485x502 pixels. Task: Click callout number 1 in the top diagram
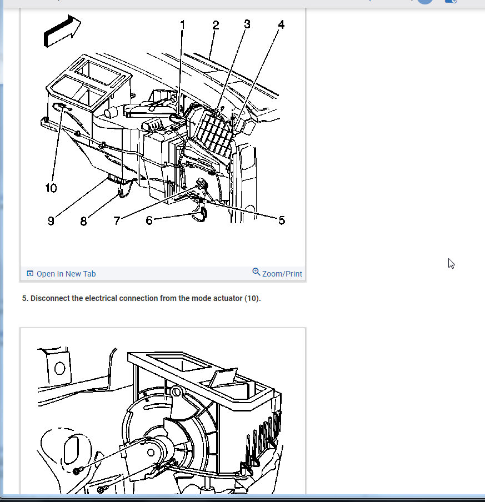coord(183,25)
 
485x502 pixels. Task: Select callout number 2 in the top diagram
coord(216,25)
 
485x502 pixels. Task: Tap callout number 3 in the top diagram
coord(247,24)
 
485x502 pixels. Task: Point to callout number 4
coord(281,24)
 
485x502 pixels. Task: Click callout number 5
coord(282,220)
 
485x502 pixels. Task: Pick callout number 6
coord(149,220)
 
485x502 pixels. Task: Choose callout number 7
coord(117,220)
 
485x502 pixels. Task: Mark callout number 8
coord(83,221)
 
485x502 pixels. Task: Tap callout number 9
coord(51,221)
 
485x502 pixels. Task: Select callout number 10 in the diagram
coord(51,188)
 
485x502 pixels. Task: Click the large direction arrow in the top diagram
coord(62,31)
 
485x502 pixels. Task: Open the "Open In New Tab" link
coord(66,274)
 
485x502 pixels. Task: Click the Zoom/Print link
coord(282,274)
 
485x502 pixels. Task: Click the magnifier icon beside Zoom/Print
coord(256,272)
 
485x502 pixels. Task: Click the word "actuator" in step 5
coord(228,298)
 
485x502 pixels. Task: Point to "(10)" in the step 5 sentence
coord(252,298)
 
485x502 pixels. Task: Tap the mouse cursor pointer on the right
coord(451,263)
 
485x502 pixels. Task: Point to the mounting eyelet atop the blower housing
coord(176,391)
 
